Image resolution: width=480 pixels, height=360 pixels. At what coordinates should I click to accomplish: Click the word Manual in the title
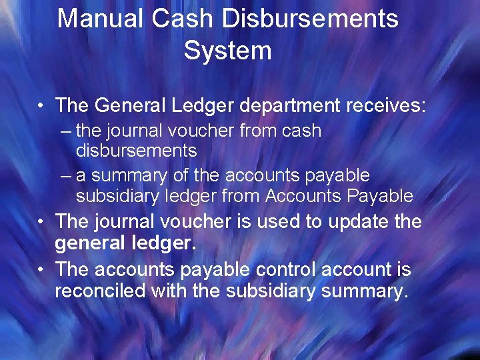[101, 19]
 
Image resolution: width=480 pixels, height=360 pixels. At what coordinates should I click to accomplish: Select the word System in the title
[228, 51]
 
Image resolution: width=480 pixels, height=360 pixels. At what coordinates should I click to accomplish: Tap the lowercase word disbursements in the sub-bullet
[136, 151]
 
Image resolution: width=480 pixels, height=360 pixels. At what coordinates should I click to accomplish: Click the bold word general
[91, 244]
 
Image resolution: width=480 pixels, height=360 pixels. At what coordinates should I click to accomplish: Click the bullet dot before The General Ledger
[41, 106]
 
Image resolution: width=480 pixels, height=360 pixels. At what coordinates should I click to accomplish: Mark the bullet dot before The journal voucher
[41, 221]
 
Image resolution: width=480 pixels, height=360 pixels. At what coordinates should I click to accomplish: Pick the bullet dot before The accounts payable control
[41, 270]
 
